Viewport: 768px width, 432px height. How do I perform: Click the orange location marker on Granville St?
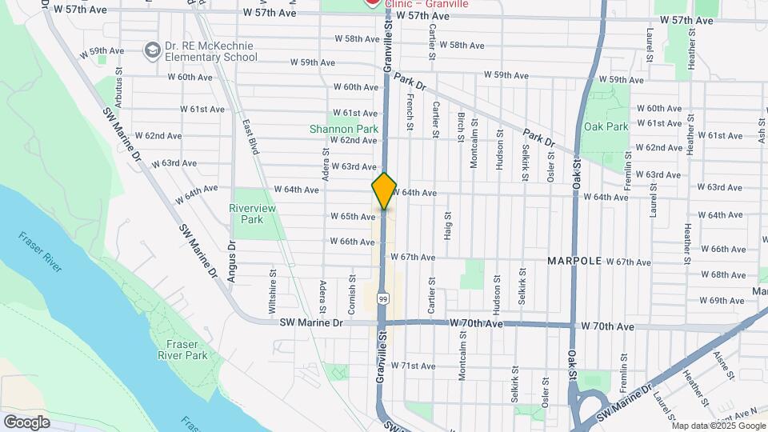[384, 190]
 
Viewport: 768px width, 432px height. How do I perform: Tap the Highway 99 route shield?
[384, 298]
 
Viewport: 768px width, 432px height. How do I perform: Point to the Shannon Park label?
[344, 129]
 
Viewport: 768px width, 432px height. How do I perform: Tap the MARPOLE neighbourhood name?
[574, 262]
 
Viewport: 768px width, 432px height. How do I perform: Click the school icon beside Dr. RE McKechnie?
[150, 51]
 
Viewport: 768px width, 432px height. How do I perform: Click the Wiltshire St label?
[273, 294]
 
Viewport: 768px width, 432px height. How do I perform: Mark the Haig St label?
[447, 225]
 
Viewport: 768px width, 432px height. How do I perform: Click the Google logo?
[26, 422]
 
